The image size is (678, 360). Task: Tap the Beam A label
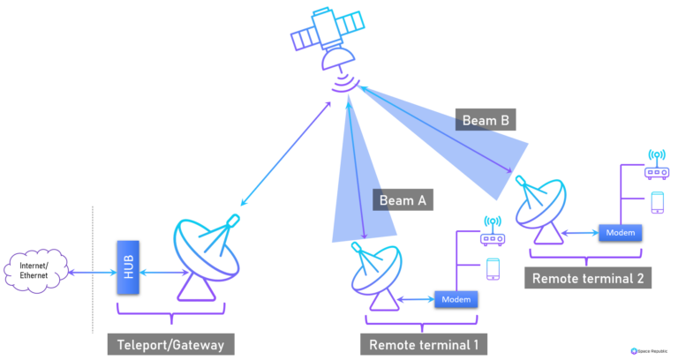[x=403, y=200]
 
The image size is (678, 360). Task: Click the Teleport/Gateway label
[x=170, y=343]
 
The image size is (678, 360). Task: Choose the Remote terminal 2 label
[x=588, y=278]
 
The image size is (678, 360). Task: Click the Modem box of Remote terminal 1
[x=456, y=300]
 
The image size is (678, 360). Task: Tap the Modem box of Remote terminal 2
[x=621, y=232]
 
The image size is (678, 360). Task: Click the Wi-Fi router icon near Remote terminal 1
[x=492, y=233]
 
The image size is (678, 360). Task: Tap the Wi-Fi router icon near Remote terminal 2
[x=655, y=168]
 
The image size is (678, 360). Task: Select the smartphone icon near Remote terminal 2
[x=656, y=202]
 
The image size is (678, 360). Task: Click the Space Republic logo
[x=648, y=350]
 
